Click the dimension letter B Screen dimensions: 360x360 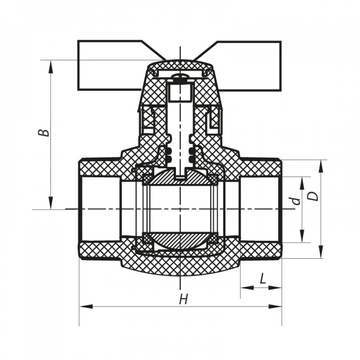[x=44, y=133]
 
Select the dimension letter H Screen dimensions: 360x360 [x=184, y=299]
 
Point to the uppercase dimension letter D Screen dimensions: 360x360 [x=313, y=196]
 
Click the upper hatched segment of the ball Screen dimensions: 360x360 [x=180, y=177]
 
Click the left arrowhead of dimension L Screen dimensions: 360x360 [x=247, y=288]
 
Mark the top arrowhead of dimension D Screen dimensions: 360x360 [x=321, y=167]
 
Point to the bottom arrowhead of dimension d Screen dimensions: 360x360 [x=302, y=236]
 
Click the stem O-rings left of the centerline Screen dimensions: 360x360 [x=169, y=154]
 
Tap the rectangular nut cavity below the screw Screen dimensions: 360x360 [x=180, y=93]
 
